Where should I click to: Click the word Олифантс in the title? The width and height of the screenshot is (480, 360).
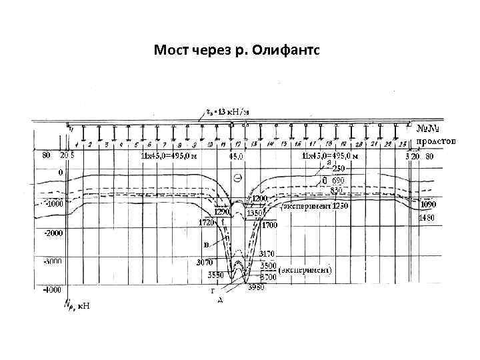pos(288,50)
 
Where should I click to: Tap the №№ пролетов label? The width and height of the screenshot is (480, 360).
pos(435,134)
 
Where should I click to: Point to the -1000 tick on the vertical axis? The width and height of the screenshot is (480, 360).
pos(53,203)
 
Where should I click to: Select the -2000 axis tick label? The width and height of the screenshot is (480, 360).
pos(53,233)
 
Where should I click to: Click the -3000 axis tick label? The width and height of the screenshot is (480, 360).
pos(53,261)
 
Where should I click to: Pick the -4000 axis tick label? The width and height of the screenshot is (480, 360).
pos(53,290)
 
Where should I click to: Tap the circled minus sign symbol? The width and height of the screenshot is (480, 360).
pos(238,177)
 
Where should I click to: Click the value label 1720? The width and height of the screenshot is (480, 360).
pos(207,223)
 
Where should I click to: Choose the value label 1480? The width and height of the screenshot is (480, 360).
pos(427,218)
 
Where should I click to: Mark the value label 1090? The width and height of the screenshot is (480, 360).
pos(429,205)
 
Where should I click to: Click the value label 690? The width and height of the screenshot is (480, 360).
pos(337,181)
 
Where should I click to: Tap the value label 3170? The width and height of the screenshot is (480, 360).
pos(267,253)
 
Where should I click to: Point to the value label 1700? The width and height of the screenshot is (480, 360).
pos(269,225)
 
